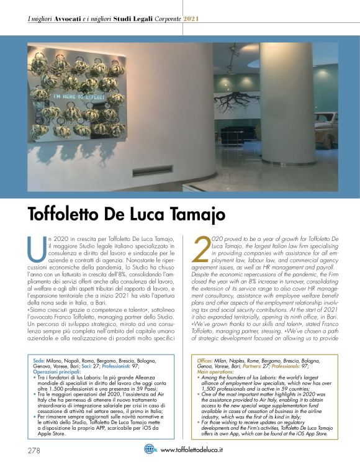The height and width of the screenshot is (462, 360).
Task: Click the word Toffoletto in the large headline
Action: [x=68, y=214]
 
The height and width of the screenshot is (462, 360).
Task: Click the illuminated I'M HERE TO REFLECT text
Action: [x=74, y=97]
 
